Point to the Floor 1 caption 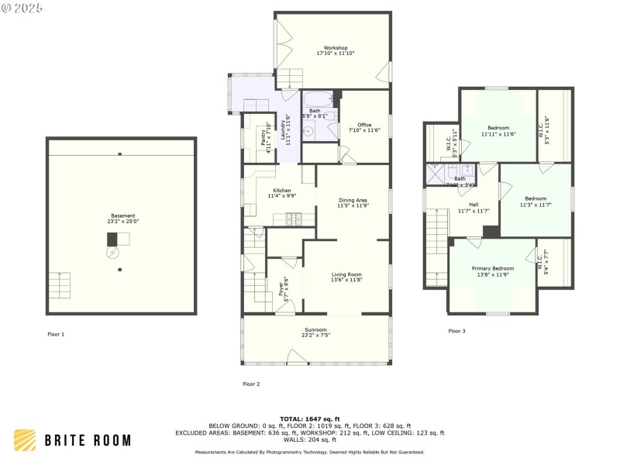pos(56,334)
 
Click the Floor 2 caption pos(251,384)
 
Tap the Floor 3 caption pos(456,331)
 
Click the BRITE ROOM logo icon pos(25,440)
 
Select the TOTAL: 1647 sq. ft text pos(310,418)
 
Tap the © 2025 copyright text pos(22,8)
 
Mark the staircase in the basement pos(63,287)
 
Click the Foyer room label pos(281,288)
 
